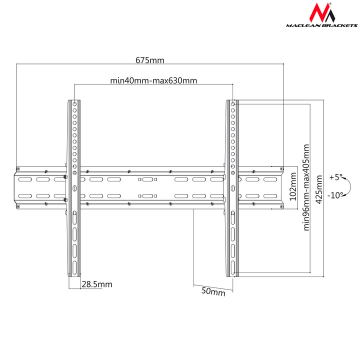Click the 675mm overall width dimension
pos(150,60)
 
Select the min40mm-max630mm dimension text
pos(153,80)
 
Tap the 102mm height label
pos(293,186)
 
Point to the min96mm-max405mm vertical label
pos(306,187)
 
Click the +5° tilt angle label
pos(336,177)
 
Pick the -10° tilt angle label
pos(335,195)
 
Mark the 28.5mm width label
pos(97,284)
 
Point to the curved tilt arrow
pos(349,186)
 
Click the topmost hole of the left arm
pos(75,104)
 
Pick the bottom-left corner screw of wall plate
pos(18,206)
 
